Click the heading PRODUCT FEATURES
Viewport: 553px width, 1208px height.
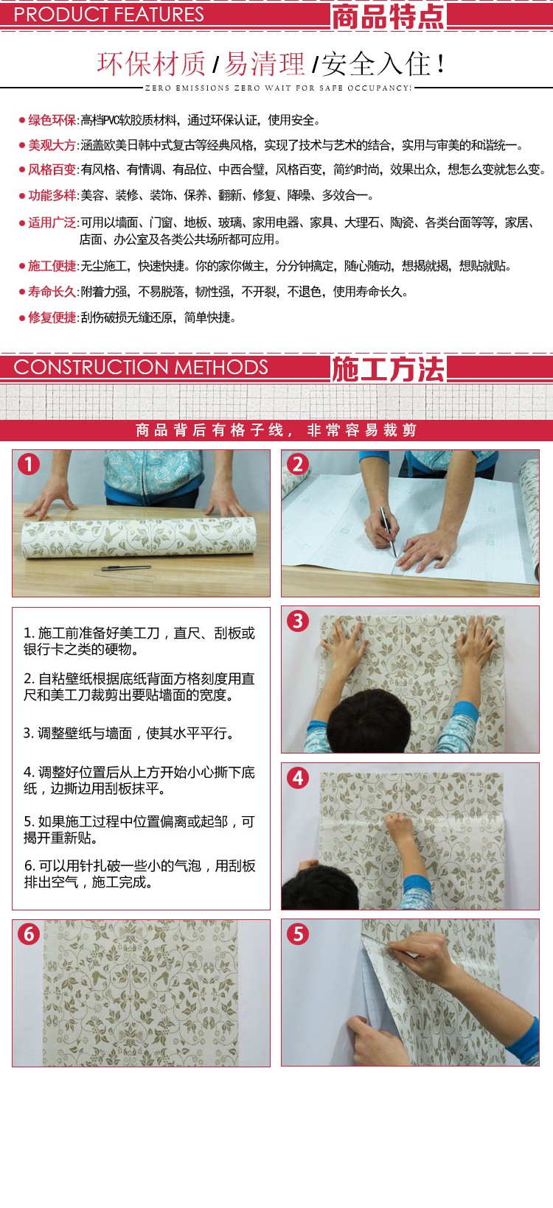click(108, 15)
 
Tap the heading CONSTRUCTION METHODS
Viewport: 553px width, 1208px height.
click(140, 368)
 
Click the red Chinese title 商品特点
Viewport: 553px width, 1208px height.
click(388, 16)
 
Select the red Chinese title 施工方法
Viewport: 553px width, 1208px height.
click(388, 369)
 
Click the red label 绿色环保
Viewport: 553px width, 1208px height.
click(52, 120)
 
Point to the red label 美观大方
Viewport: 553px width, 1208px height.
click(52, 145)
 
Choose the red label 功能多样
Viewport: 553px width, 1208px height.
click(52, 195)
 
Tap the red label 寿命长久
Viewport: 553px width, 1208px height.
click(52, 292)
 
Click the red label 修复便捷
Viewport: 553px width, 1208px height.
click(52, 317)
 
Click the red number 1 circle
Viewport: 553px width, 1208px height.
click(29, 464)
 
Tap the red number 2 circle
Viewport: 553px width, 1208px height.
click(298, 464)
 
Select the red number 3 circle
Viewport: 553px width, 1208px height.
click(298, 621)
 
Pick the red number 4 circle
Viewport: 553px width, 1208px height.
click(298, 778)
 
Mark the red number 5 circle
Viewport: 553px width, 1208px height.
click(298, 933)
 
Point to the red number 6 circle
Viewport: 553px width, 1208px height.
click(29, 933)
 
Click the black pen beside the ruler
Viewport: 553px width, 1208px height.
click(126, 568)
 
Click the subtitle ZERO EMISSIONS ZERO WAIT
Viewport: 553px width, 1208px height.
click(278, 88)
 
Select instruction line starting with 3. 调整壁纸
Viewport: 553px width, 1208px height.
click(128, 733)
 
